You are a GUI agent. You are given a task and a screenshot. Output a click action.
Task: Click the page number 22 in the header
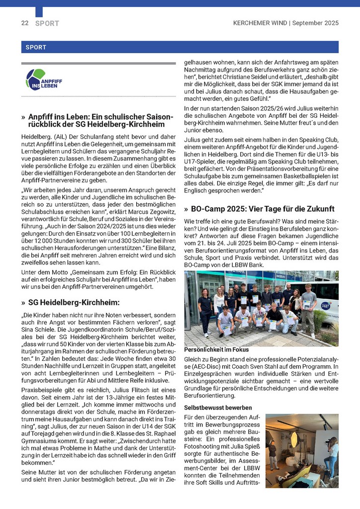click(x=24, y=23)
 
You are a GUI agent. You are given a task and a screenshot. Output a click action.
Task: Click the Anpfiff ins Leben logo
click(x=44, y=80)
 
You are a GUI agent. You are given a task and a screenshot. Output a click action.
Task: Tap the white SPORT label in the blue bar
click(x=34, y=48)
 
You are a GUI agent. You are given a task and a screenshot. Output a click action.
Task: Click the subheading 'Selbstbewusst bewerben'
click(x=211, y=408)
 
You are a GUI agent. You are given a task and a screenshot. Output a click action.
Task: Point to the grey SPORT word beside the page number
click(x=47, y=23)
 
